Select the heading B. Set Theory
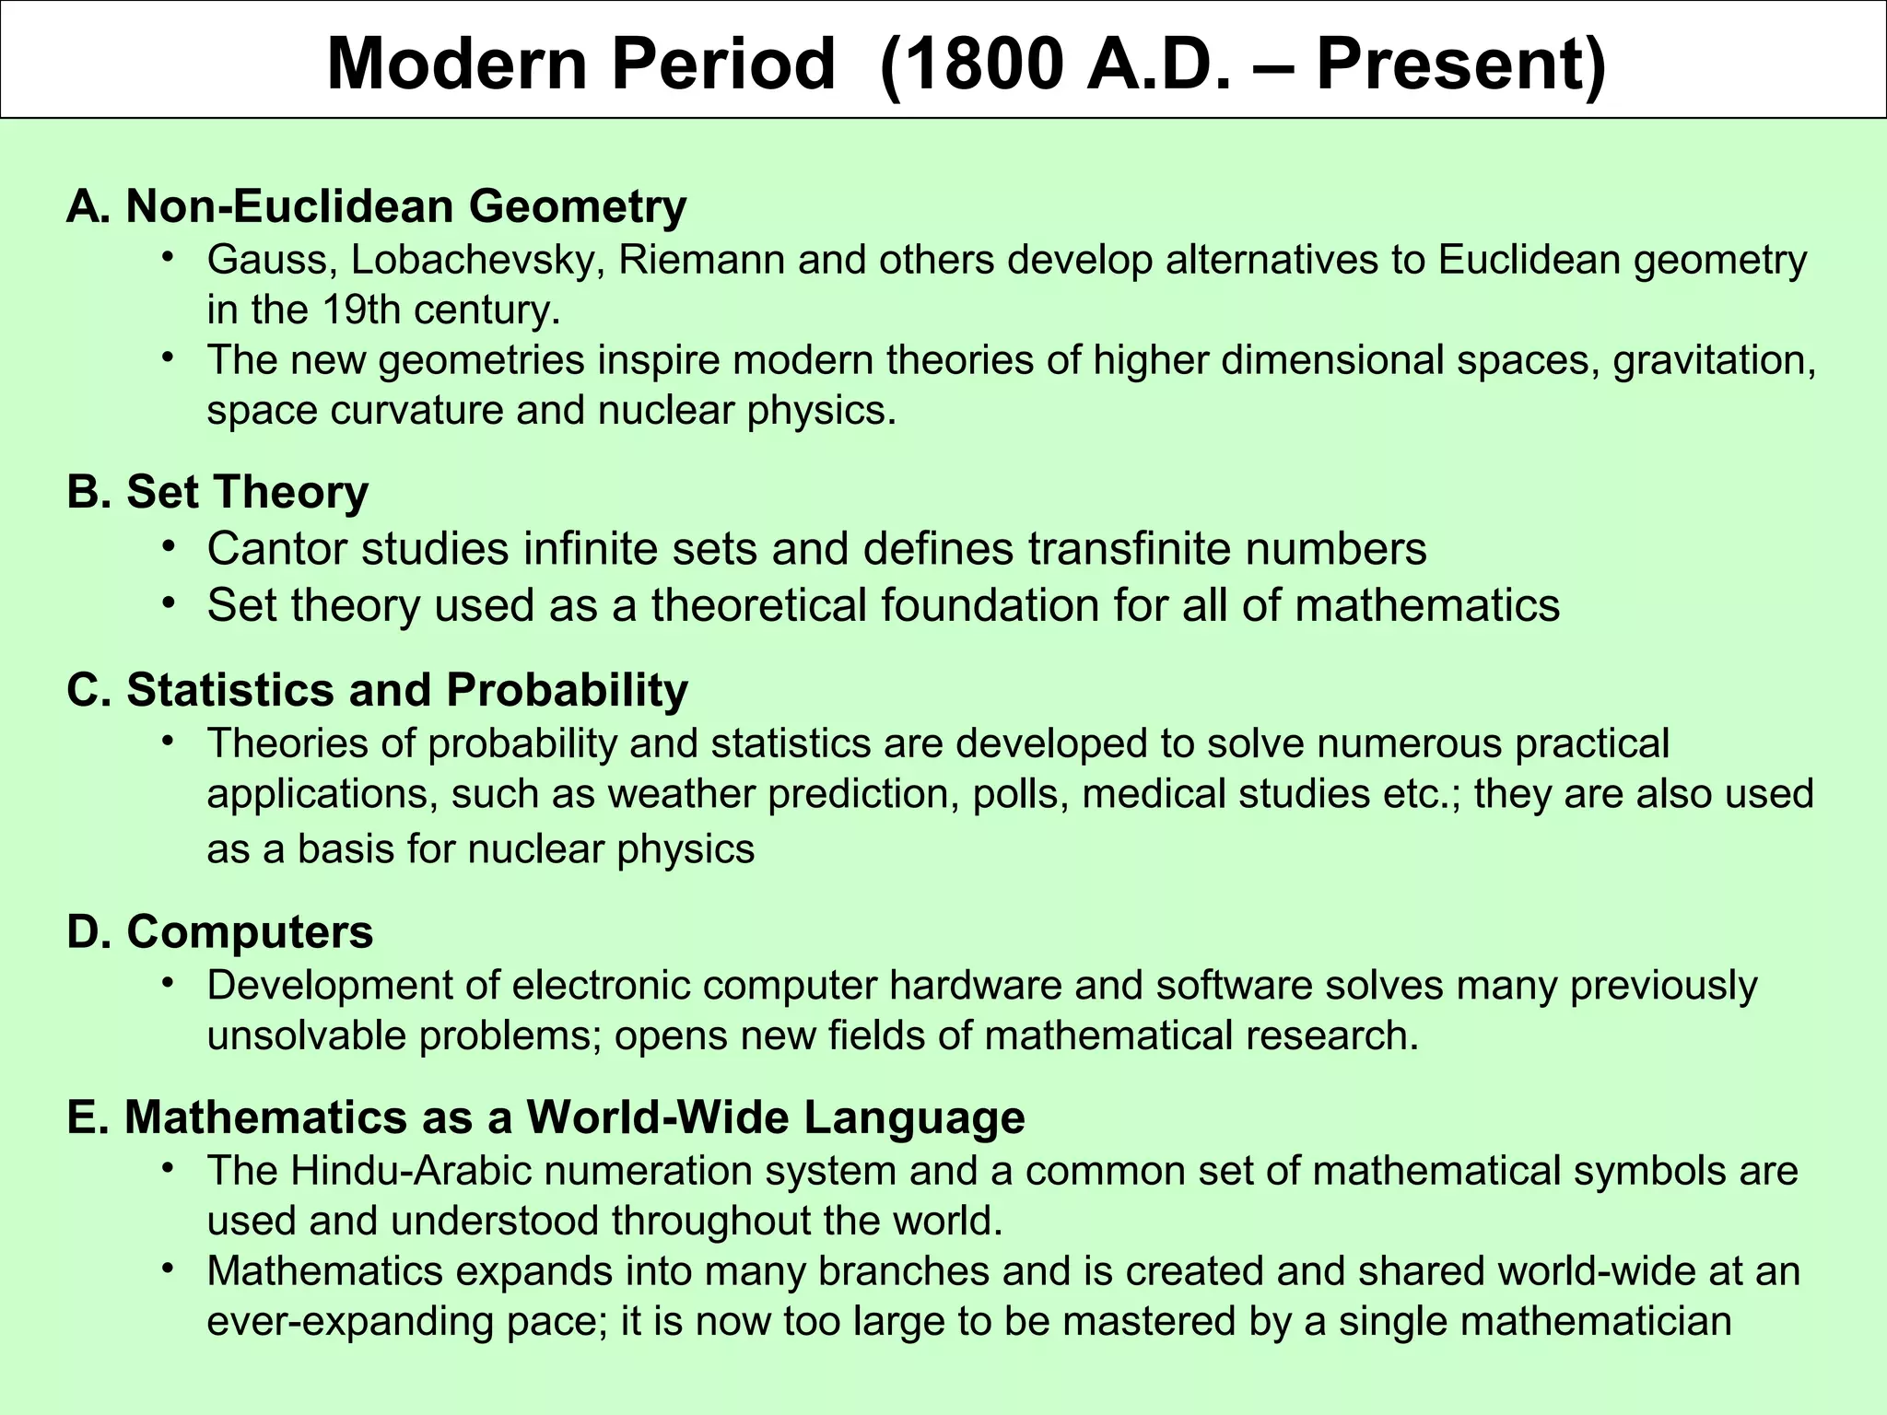pyautogui.click(x=217, y=492)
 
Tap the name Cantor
pyautogui.click(x=276, y=549)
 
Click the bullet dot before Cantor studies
pyautogui.click(x=167, y=547)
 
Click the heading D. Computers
pyautogui.click(x=220, y=931)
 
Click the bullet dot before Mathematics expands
pyautogui.click(x=167, y=1269)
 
